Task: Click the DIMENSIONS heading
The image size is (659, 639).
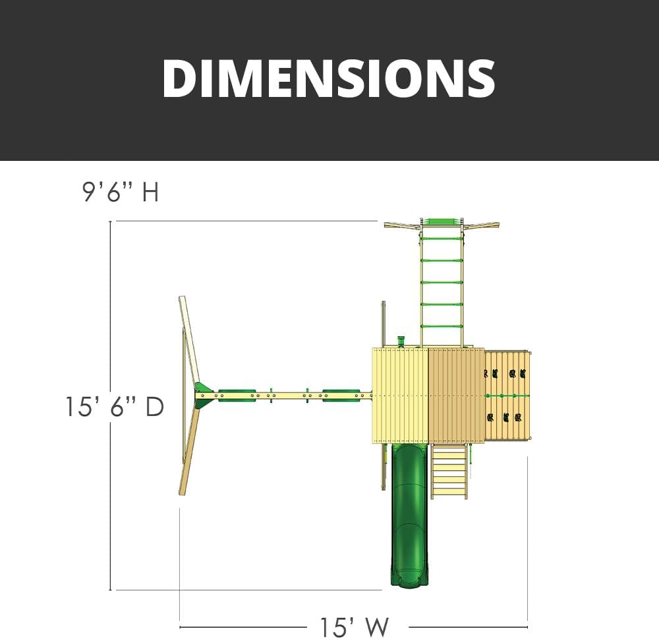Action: [329, 78]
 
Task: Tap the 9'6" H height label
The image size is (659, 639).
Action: [121, 192]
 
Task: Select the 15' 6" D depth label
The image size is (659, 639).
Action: [114, 407]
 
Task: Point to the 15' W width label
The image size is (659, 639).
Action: [355, 627]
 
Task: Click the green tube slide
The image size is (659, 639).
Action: [409, 515]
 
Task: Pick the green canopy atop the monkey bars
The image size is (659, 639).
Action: [442, 222]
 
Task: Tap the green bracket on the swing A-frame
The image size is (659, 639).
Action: [204, 395]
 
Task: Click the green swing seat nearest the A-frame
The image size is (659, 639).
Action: [237, 396]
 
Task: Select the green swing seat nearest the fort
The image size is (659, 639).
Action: [341, 396]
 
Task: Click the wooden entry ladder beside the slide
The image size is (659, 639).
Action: [449, 471]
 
